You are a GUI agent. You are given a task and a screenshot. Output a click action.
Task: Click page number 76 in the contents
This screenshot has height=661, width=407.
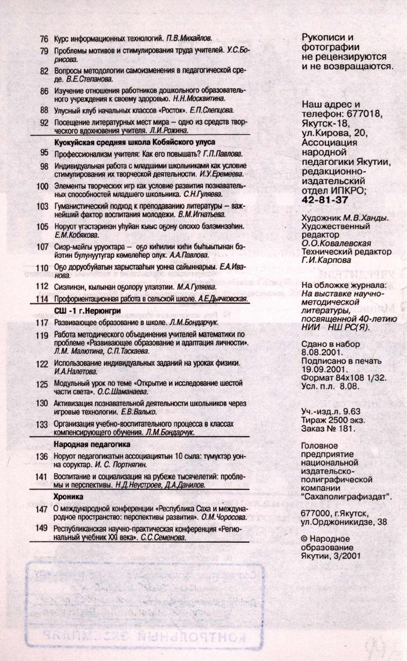coord(44,38)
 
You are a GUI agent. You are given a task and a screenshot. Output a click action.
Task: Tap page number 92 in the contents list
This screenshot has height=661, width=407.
coord(44,122)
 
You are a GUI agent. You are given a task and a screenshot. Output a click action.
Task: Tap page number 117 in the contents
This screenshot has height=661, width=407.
coord(41,322)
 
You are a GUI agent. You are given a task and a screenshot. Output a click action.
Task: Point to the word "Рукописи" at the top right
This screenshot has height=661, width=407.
coord(322,37)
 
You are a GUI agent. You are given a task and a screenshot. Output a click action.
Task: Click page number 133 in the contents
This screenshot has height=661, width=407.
coord(41,423)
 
